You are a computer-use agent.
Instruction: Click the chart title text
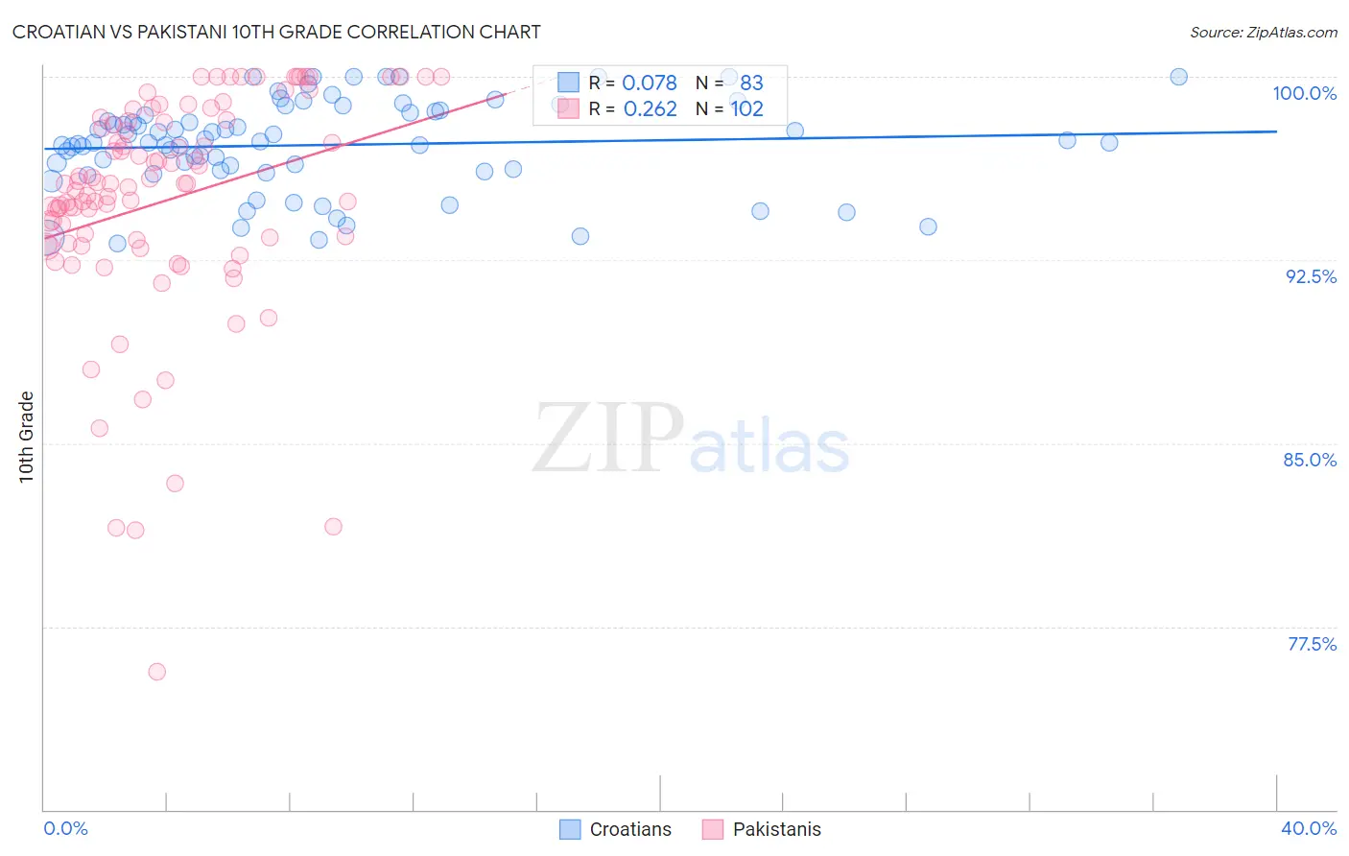[x=276, y=32]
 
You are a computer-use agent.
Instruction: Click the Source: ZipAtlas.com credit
[x=1263, y=32]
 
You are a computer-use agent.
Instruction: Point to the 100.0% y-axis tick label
[x=1304, y=93]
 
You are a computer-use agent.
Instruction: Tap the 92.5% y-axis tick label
[x=1311, y=276]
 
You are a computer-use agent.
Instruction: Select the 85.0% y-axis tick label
[x=1310, y=460]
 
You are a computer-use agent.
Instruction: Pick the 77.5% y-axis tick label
[x=1312, y=644]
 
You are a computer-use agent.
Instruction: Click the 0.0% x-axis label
[x=65, y=828]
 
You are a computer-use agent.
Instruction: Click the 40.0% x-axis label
[x=1309, y=828]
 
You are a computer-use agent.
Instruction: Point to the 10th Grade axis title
[x=26, y=437]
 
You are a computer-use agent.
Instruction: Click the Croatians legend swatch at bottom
[x=570, y=829]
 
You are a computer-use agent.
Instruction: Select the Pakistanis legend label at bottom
[x=776, y=829]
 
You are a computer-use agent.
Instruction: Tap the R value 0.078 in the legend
[x=650, y=83]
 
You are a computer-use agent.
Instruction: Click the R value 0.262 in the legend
[x=650, y=109]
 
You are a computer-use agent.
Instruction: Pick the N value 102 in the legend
[x=746, y=109]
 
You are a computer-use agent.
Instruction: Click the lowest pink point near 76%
[x=156, y=672]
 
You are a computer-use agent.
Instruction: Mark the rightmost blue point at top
[x=1178, y=77]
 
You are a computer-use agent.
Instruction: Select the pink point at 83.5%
[x=175, y=483]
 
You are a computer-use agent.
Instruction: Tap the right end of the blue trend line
[x=1276, y=131]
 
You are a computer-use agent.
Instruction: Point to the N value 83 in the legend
[x=751, y=83]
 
